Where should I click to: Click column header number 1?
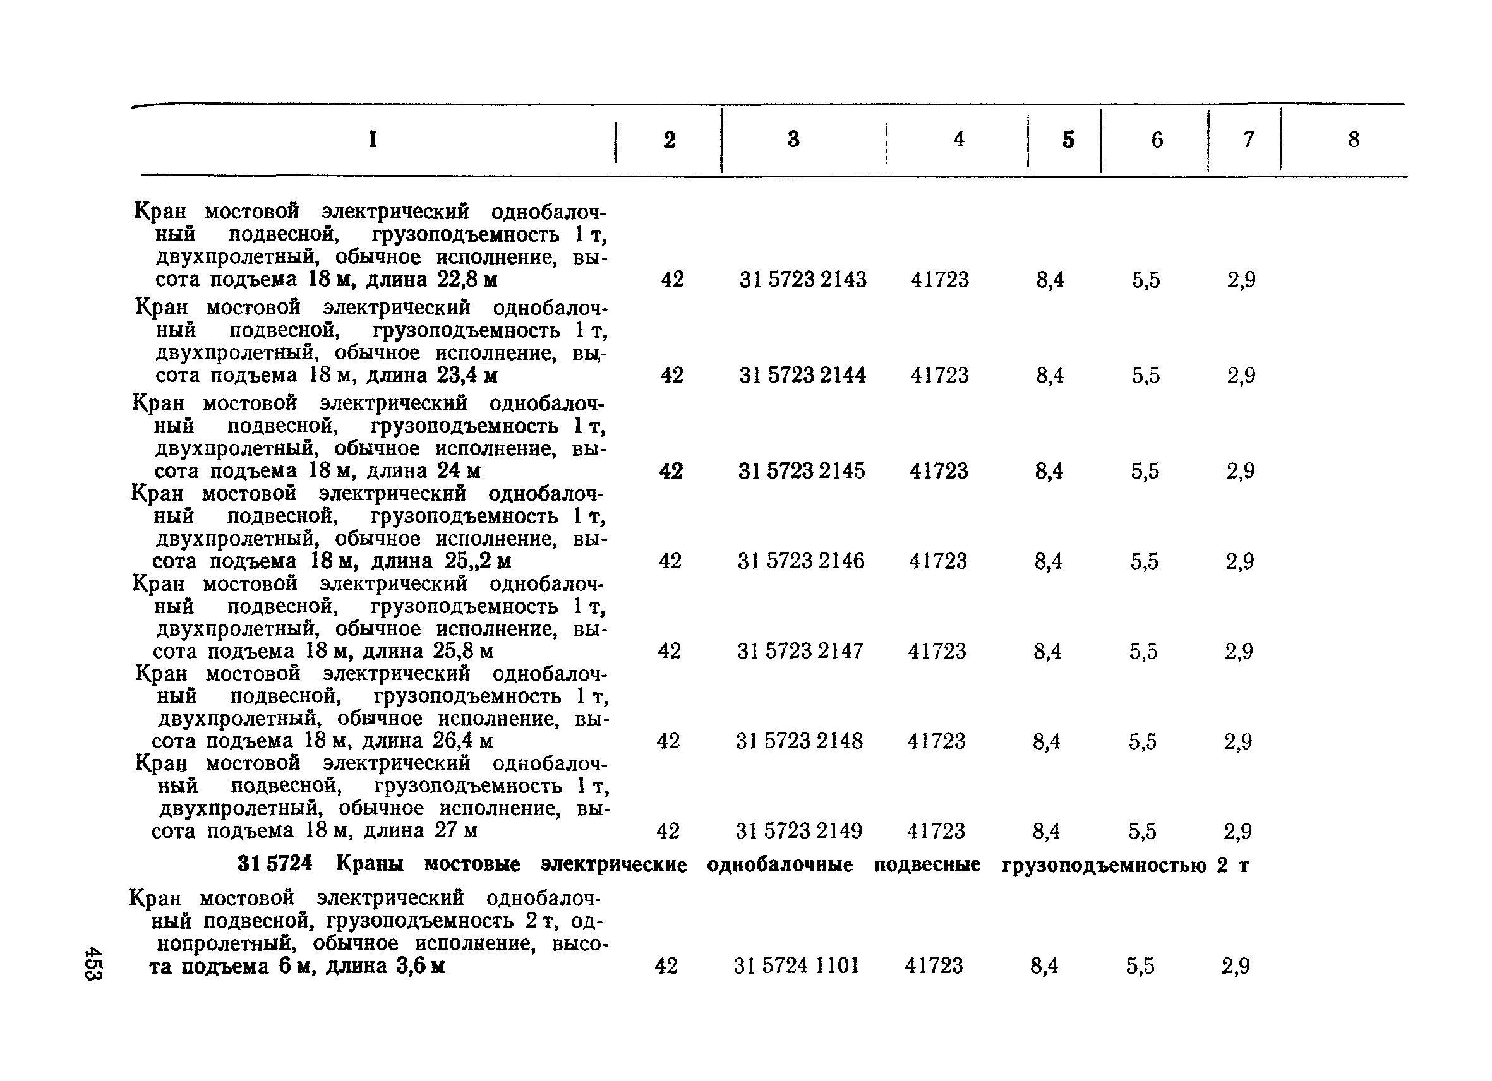pyautogui.click(x=373, y=140)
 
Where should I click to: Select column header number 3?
pyautogui.click(x=793, y=140)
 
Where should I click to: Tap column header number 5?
pyautogui.click(x=1068, y=140)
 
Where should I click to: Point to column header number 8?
pyautogui.click(x=1353, y=140)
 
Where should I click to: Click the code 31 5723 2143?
pyautogui.click(x=803, y=280)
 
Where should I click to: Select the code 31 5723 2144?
pyautogui.click(x=803, y=376)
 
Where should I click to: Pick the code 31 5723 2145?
pyautogui.click(x=801, y=471)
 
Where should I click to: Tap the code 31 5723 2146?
pyautogui.click(x=800, y=561)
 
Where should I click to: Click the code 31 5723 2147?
pyautogui.click(x=800, y=651)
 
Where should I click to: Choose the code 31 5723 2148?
pyautogui.click(x=799, y=741)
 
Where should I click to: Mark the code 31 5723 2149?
pyautogui.click(x=798, y=831)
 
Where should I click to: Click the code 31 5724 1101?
pyautogui.click(x=797, y=965)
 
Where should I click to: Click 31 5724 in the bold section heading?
pyautogui.click(x=274, y=863)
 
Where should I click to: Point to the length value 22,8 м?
pyautogui.click(x=466, y=280)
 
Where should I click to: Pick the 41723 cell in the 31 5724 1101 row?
pyautogui.click(x=934, y=965)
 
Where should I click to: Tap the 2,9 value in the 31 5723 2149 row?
pyautogui.click(x=1237, y=832)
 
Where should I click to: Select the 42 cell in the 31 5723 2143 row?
pyautogui.click(x=672, y=280)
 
